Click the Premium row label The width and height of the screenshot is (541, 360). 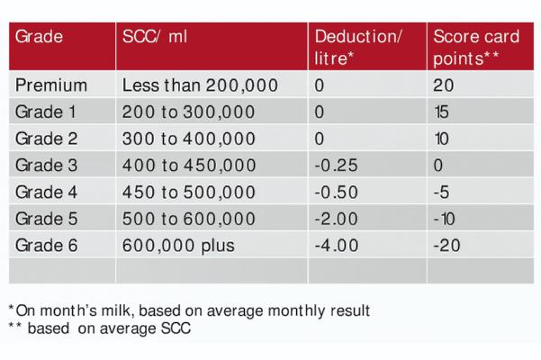pos(50,86)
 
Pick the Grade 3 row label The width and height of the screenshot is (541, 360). pos(47,166)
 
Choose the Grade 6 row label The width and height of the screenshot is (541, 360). pos(47,244)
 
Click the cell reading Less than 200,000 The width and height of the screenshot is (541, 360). pos(199,86)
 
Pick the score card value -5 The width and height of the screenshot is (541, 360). pos(441,192)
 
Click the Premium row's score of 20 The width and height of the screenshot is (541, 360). pos(443,86)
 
